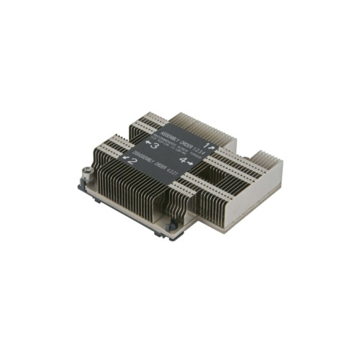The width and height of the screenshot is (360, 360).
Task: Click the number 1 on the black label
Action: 206,146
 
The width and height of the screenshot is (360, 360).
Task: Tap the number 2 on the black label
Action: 132,161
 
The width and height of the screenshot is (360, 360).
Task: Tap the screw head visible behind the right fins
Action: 248,154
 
